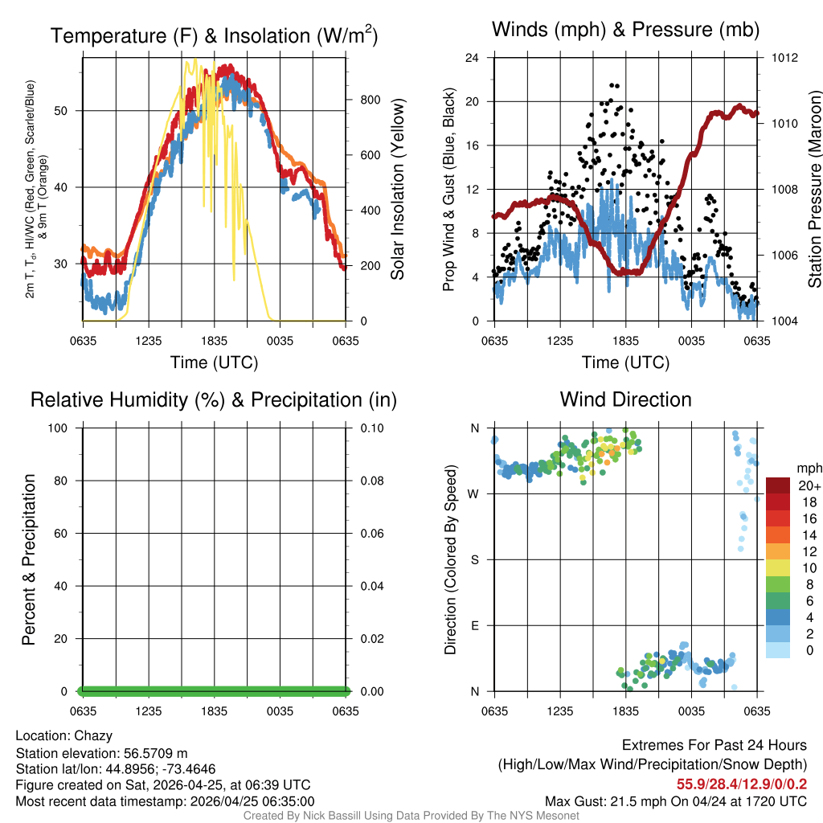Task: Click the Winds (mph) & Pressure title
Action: point(626,30)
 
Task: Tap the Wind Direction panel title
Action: point(626,399)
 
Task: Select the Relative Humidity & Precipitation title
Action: point(214,399)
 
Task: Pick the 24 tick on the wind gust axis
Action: point(473,58)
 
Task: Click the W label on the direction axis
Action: point(475,493)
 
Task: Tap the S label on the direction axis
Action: point(475,559)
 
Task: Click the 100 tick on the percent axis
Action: point(57,428)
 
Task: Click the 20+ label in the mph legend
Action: point(809,486)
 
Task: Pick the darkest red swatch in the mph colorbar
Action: point(777,485)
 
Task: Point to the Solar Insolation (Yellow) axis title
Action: point(398,189)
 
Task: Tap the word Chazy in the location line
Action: point(93,735)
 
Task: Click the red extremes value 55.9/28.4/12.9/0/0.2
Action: point(742,783)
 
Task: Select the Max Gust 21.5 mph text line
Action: point(676,800)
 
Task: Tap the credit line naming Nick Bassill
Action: point(411,816)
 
